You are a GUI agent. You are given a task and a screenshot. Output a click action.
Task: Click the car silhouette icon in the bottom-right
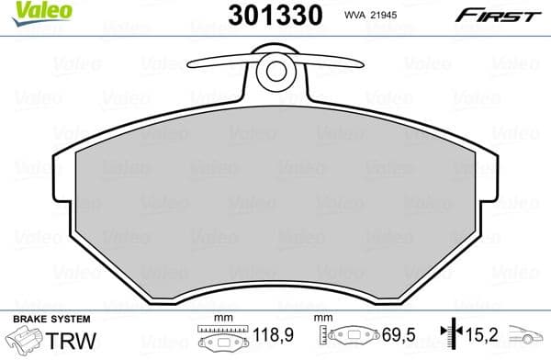[524, 339]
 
